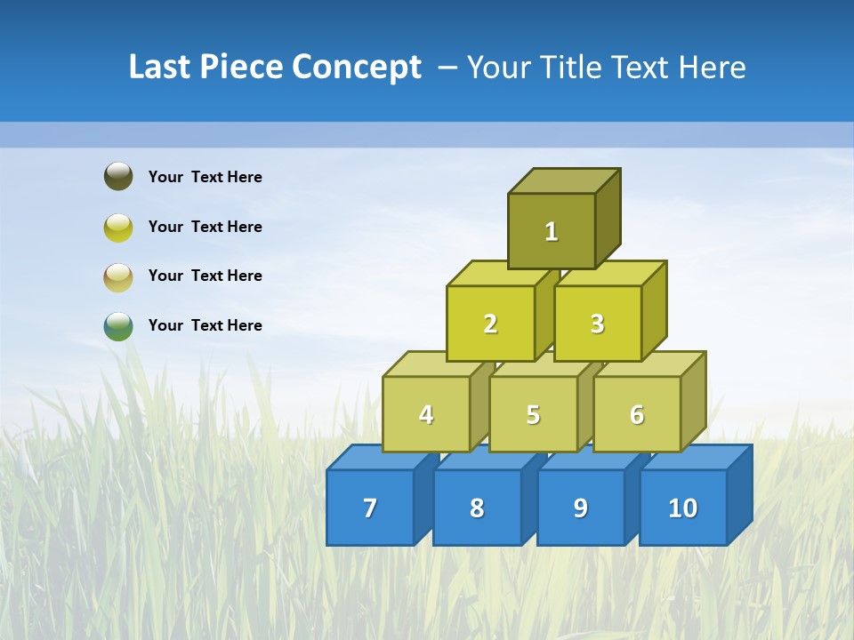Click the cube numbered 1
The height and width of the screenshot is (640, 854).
pyautogui.click(x=552, y=231)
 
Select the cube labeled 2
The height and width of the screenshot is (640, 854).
pyautogui.click(x=490, y=324)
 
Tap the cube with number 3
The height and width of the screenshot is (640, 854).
pyautogui.click(x=597, y=324)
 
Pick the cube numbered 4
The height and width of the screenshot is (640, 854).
pyautogui.click(x=426, y=414)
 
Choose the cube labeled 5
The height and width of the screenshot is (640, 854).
pyautogui.click(x=533, y=414)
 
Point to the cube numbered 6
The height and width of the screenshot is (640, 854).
pyautogui.click(x=637, y=414)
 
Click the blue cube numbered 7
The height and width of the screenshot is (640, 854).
pyautogui.click(x=370, y=508)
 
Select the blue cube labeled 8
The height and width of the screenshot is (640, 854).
pyautogui.click(x=477, y=508)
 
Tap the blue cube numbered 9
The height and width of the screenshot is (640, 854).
pyautogui.click(x=581, y=508)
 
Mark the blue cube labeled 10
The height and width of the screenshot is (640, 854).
pyautogui.click(x=683, y=508)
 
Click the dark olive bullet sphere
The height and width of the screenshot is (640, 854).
pyautogui.click(x=118, y=176)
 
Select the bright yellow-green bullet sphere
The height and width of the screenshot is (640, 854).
pyautogui.click(x=118, y=227)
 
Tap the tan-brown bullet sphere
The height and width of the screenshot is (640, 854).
pyautogui.click(x=118, y=276)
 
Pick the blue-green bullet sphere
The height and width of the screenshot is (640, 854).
pyautogui.click(x=118, y=325)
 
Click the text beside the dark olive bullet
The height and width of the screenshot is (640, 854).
pyautogui.click(x=205, y=177)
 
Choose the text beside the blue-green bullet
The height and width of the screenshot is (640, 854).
pyautogui.click(x=205, y=325)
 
